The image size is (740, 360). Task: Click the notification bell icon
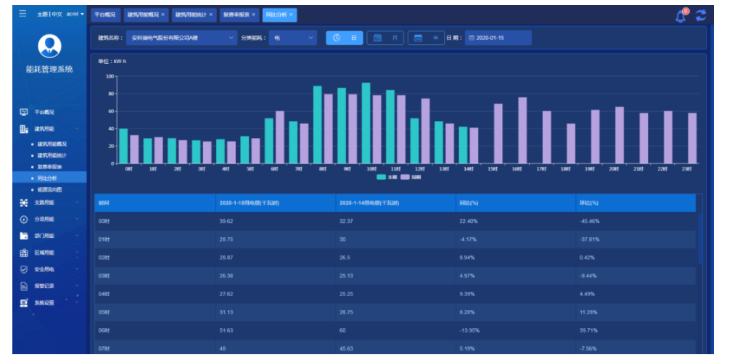[680, 15]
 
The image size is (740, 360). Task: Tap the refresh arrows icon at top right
[700, 15]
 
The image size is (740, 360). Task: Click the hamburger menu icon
[22, 14]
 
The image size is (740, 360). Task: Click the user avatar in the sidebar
[49, 46]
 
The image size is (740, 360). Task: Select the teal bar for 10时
[366, 123]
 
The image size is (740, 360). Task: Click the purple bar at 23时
[692, 138]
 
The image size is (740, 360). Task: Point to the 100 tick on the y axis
[110, 76]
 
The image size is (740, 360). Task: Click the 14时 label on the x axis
[469, 169]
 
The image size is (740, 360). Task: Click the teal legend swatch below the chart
[382, 176]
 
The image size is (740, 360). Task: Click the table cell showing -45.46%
[590, 221]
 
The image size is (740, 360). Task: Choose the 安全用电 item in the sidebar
[45, 269]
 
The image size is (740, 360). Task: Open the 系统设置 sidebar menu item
[44, 303]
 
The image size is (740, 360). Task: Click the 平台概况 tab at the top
[105, 15]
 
